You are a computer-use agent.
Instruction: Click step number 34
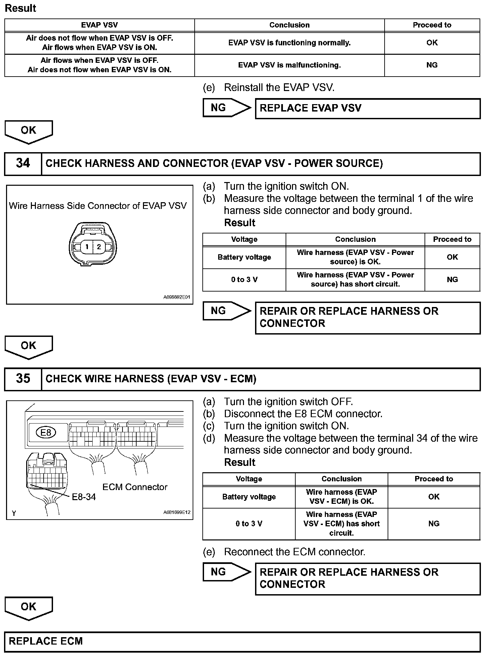[23, 164]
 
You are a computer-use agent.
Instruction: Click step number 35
[23, 379]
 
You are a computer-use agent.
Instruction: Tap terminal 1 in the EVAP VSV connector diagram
[87, 247]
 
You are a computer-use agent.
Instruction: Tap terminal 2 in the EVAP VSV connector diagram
[99, 247]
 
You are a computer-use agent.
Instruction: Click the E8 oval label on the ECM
[46, 432]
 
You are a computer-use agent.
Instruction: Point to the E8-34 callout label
[84, 497]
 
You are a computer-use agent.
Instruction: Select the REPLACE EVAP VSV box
[368, 108]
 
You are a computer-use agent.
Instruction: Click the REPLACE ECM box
[242, 641]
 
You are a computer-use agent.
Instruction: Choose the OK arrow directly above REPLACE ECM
[29, 608]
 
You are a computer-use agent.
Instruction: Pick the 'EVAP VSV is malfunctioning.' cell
[289, 65]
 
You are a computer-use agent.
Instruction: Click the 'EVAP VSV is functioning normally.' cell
[289, 43]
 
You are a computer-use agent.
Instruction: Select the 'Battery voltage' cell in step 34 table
[244, 257]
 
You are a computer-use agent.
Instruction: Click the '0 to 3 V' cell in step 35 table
[249, 524]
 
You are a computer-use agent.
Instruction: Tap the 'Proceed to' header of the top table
[432, 25]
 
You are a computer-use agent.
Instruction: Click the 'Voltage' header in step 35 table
[249, 479]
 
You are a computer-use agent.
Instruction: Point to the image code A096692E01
[177, 297]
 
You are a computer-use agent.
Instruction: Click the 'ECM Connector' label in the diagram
[135, 487]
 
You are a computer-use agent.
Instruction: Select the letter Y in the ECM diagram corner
[14, 513]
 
